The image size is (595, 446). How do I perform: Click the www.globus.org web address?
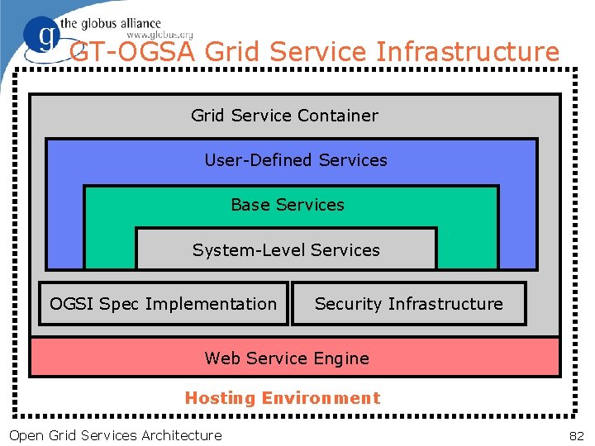pyautogui.click(x=159, y=35)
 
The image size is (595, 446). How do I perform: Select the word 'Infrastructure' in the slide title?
pyautogui.click(x=468, y=52)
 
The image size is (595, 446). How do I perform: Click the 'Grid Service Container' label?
pyautogui.click(x=284, y=116)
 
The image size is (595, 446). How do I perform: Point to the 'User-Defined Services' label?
pyautogui.click(x=295, y=160)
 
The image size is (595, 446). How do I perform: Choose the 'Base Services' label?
pyautogui.click(x=288, y=205)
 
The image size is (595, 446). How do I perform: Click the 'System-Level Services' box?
pyautogui.click(x=286, y=249)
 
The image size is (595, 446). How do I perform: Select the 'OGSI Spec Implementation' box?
pyautogui.click(x=164, y=304)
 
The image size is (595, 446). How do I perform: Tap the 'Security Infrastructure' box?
pyautogui.click(x=408, y=304)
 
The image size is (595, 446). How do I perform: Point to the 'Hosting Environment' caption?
pyautogui.click(x=283, y=398)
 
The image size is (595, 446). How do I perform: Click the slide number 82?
pyautogui.click(x=576, y=435)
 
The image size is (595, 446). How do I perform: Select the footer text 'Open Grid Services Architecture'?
pyautogui.click(x=115, y=435)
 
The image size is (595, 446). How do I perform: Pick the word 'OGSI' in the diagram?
pyautogui.click(x=72, y=304)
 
